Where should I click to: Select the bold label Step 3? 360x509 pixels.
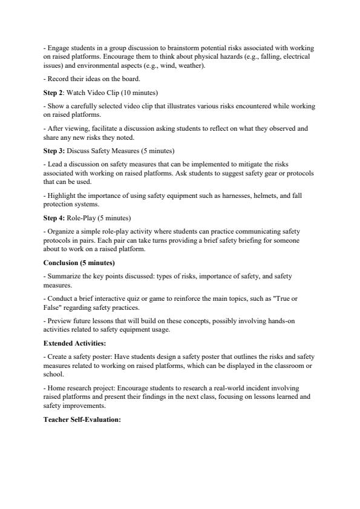[x=56, y=150]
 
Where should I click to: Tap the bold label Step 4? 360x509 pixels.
[x=56, y=217]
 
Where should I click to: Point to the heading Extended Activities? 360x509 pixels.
[x=74, y=343]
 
